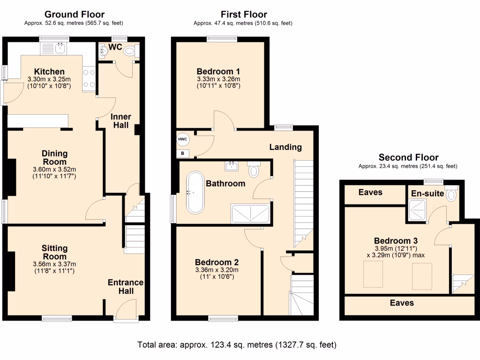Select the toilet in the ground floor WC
click(x=128, y=52)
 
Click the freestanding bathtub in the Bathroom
click(x=195, y=192)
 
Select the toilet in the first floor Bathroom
click(x=254, y=170)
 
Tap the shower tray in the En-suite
click(x=418, y=209)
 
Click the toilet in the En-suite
click(x=451, y=195)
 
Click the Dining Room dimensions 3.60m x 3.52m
click(x=55, y=169)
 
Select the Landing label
click(x=285, y=147)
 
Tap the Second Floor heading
click(x=409, y=157)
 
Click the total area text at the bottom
click(x=237, y=345)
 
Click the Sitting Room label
click(x=54, y=252)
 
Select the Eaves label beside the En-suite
click(x=370, y=192)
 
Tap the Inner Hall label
click(x=121, y=120)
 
